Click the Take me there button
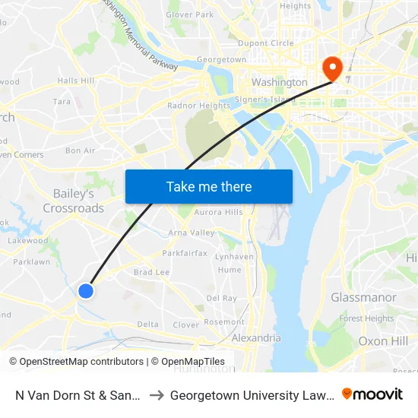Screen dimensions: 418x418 [x=208, y=187]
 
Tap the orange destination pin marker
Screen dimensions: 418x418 [x=332, y=68]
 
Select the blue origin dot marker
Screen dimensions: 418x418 [x=86, y=290]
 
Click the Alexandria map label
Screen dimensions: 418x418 [x=256, y=338]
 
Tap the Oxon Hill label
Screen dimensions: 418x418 [x=383, y=341]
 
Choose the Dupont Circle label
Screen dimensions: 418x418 [x=266, y=43]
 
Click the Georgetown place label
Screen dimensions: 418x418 [x=221, y=60]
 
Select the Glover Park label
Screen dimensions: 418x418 [x=190, y=14]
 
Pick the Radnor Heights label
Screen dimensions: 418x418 [x=198, y=106]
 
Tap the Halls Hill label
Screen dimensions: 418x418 [x=76, y=81]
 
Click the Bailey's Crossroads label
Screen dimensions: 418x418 [x=74, y=201]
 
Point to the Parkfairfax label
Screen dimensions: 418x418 [x=185, y=253]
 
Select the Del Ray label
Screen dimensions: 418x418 [x=222, y=299]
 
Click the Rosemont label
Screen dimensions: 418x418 [x=224, y=322]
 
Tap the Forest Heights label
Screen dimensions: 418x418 [x=366, y=319]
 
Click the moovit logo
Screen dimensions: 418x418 [x=372, y=394]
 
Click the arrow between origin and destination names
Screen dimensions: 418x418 [x=155, y=394]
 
